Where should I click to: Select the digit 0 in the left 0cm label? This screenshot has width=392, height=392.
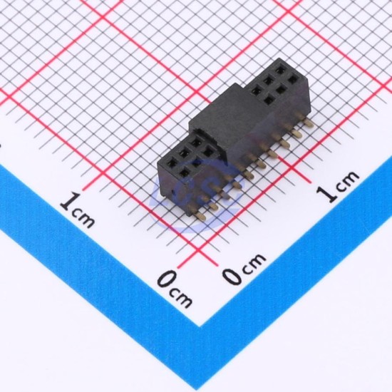[x=166, y=279]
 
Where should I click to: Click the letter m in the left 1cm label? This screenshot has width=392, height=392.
[x=86, y=220]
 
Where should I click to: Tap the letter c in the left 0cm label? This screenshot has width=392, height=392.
[x=174, y=292]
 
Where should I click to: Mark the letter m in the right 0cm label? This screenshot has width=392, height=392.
[x=257, y=260]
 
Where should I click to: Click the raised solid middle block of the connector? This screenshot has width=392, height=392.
[x=220, y=118]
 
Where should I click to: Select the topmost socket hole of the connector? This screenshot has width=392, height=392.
[x=282, y=68]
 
